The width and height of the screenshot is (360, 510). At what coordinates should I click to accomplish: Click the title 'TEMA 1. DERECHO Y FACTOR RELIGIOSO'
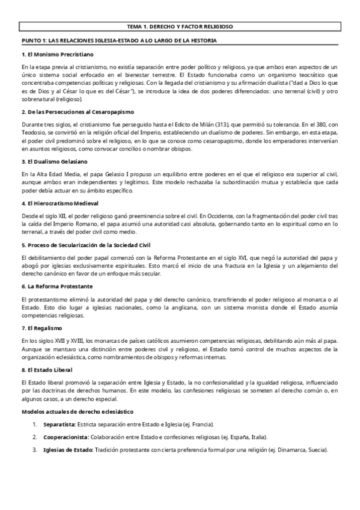180,27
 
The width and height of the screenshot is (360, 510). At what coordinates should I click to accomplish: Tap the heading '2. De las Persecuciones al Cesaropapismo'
78,112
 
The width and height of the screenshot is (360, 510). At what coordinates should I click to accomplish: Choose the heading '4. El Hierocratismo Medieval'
61,203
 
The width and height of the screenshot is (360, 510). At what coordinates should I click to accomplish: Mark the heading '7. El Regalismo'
42,327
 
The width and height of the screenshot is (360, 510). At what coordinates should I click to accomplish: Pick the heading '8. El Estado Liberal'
47,369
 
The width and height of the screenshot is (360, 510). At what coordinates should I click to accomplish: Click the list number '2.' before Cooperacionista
35,437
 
